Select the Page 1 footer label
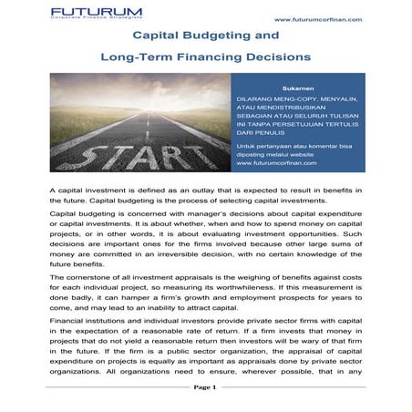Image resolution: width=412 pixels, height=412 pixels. click(x=205, y=387)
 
